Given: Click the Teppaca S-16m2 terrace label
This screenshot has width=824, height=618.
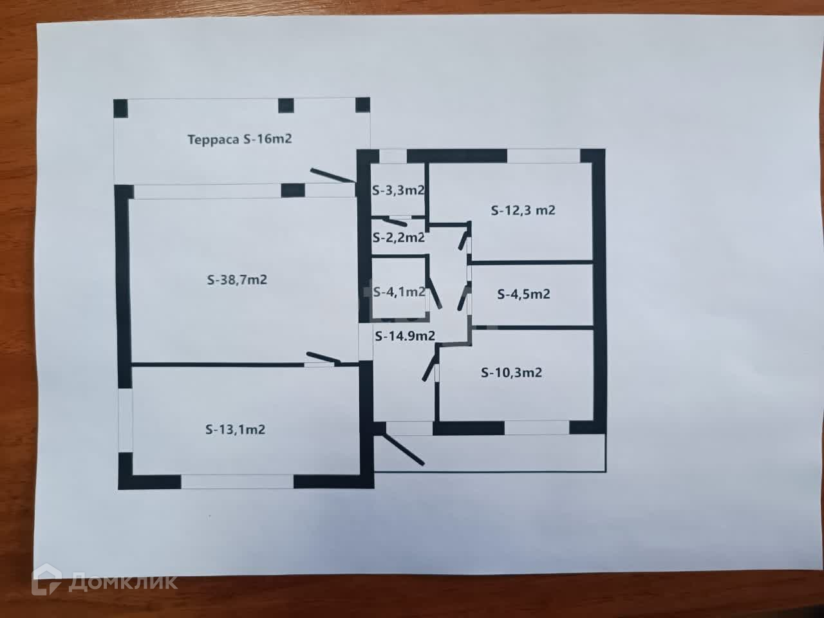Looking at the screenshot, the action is (x=239, y=139).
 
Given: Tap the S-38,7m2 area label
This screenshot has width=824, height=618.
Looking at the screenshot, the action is (x=237, y=280).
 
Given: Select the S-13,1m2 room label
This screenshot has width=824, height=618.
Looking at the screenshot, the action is (x=235, y=429).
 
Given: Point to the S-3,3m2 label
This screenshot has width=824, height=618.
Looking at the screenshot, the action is (x=398, y=191).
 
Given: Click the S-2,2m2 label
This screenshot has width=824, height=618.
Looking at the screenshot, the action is (x=398, y=237).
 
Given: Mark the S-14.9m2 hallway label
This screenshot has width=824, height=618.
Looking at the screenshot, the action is (x=405, y=335).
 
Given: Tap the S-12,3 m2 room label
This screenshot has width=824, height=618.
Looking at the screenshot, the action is (x=523, y=210).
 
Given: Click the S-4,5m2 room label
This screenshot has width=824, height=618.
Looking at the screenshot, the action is (x=523, y=294).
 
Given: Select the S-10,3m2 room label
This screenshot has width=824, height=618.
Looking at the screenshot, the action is (x=511, y=372).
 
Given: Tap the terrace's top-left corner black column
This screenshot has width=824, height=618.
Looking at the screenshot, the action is (x=120, y=108).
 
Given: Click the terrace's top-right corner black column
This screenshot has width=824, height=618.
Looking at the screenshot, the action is (x=362, y=106).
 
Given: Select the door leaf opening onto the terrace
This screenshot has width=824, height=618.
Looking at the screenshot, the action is (x=332, y=176).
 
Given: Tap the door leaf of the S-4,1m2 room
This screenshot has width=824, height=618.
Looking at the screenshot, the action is (x=435, y=294).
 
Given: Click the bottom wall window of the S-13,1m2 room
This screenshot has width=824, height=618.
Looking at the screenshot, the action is (x=237, y=482).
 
